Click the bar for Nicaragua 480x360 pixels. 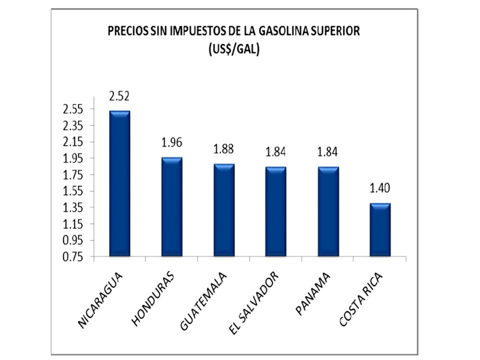(119, 183)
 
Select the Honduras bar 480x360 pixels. (171, 207)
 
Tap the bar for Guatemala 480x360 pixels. (223, 210)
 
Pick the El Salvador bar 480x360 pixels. (275, 211)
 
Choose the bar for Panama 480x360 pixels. (328, 211)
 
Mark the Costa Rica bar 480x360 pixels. (380, 229)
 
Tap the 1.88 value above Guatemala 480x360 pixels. (223, 149)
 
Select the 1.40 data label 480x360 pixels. (380, 188)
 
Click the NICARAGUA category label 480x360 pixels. (101, 299)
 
